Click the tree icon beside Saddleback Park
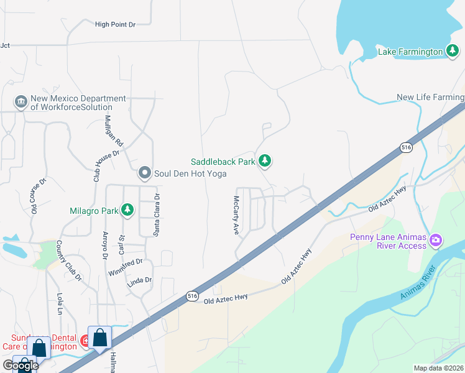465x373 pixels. [265, 162]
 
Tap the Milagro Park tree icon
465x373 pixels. [127, 210]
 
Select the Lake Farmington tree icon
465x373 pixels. [453, 52]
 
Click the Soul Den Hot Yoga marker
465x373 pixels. [145, 173]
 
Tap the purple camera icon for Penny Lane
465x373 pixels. [436, 240]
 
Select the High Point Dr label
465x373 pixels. [115, 24]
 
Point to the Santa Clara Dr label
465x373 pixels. [157, 214]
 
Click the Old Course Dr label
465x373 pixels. [34, 196]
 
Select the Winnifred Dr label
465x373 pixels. [126, 268]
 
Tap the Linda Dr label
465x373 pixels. [139, 280]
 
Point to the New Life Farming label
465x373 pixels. [430, 98]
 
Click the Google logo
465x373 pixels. [20, 366]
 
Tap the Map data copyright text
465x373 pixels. [438, 368]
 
